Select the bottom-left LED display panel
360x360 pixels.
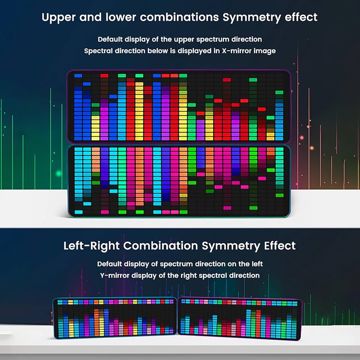click(x=115, y=316)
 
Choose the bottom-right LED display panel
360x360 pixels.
click(x=240, y=318)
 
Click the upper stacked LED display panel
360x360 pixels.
click(x=179, y=107)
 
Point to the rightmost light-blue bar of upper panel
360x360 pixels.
click(x=279, y=117)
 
